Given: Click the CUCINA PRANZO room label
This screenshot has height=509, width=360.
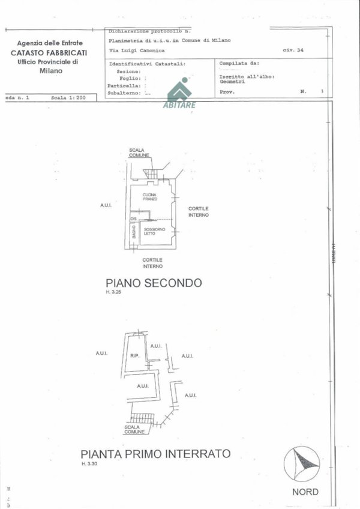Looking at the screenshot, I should (x=150, y=197).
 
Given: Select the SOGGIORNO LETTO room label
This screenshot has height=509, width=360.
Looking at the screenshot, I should (x=150, y=231).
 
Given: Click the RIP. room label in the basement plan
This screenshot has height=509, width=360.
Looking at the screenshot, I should (x=134, y=356).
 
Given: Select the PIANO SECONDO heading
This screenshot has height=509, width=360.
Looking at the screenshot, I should (x=154, y=283).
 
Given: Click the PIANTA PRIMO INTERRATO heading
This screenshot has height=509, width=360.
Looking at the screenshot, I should (x=155, y=454).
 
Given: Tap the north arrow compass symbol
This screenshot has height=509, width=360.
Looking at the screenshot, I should (x=302, y=463).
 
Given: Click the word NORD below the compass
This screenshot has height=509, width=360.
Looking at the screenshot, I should (x=306, y=492).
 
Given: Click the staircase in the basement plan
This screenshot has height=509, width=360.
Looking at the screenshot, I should (x=142, y=418).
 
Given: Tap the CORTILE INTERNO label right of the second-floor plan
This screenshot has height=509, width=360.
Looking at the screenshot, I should (x=198, y=211).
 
